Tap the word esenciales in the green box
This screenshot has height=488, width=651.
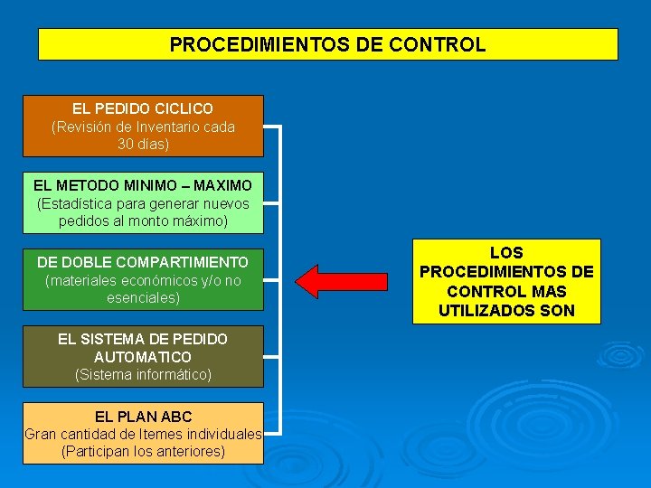[x=143, y=297]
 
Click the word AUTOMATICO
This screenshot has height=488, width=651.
[x=143, y=357]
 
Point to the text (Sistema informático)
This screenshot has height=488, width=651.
[x=143, y=374]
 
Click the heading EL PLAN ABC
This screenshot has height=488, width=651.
[x=143, y=417]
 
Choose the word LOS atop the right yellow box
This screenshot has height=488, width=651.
[x=506, y=252]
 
